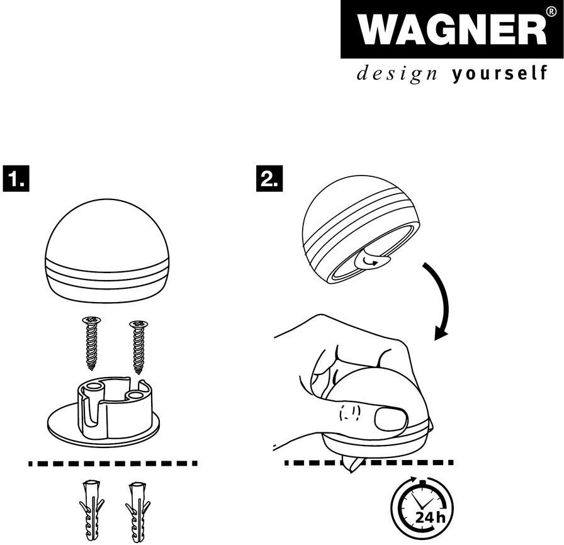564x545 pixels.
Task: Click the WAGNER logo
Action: pos(452,29)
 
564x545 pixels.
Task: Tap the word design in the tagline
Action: pos(397,74)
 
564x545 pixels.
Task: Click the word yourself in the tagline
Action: pos(500,74)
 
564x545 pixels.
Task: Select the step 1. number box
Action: pos(16,179)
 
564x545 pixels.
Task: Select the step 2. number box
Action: pos(269,179)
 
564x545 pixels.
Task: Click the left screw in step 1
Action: pos(92,343)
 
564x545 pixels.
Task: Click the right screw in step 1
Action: pos(139,347)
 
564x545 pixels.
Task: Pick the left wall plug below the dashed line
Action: pos(91,510)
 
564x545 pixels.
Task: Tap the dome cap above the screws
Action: pos(107,251)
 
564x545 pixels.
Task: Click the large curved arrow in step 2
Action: pos(445,299)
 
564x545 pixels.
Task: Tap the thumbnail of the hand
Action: pos(391,419)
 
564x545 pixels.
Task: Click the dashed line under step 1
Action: pos(113,463)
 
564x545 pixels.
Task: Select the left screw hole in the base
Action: pos(93,386)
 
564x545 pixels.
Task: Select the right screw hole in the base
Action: pos(135,396)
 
